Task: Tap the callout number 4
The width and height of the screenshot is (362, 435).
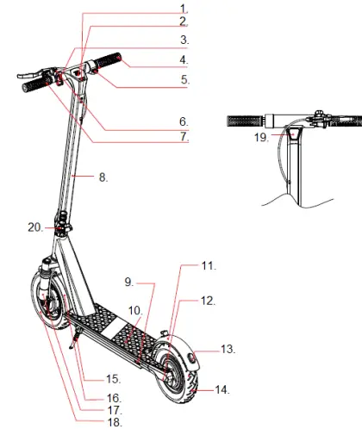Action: point(184,59)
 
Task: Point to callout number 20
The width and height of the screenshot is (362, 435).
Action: point(34,227)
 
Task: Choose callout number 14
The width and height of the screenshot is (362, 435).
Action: point(221,389)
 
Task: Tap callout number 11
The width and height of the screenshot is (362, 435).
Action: point(207,267)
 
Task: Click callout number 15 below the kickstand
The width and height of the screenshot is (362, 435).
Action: point(112,378)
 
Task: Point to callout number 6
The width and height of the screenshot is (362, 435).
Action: point(184,121)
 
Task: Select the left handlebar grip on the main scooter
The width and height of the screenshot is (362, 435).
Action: point(28,86)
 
